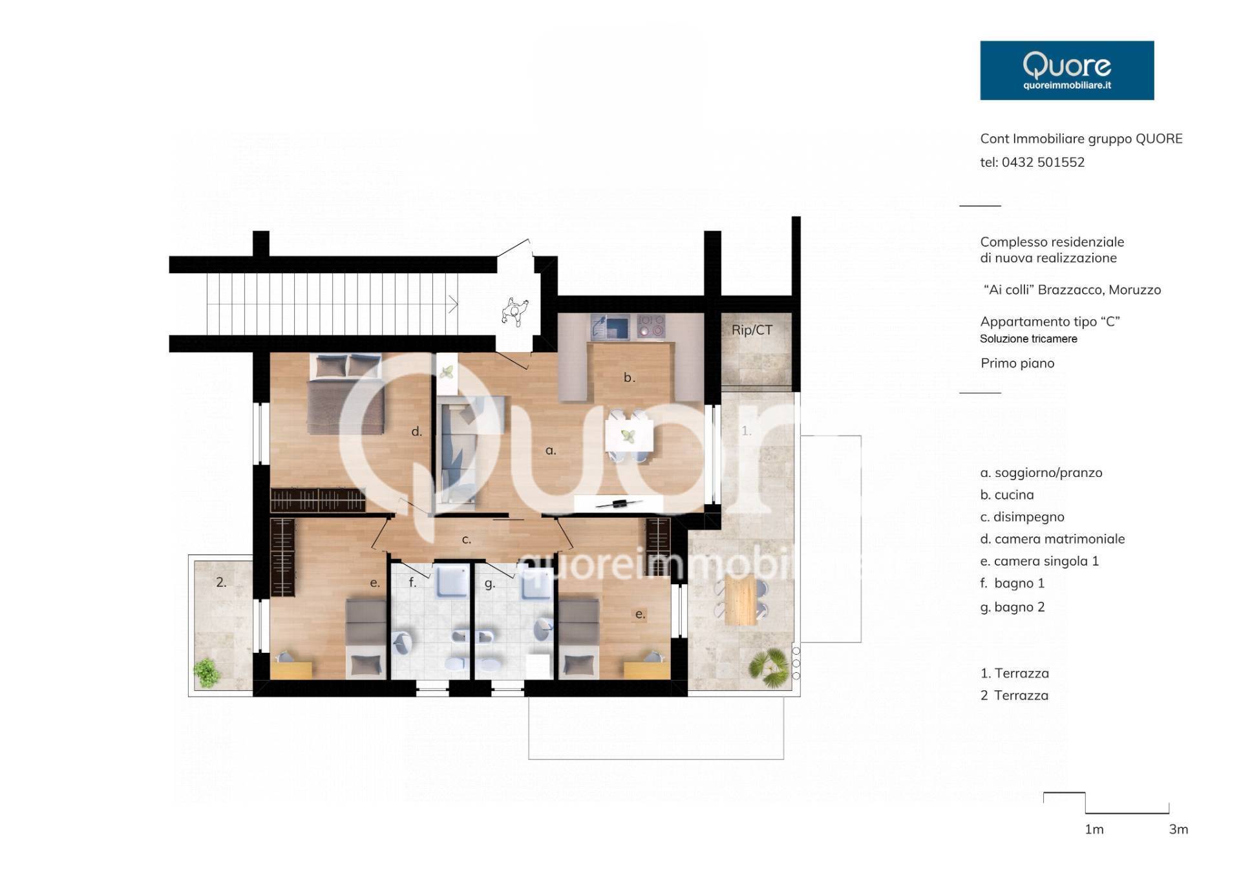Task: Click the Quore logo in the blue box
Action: (x=1066, y=70)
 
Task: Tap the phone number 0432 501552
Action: (x=1043, y=162)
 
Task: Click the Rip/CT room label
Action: (x=752, y=330)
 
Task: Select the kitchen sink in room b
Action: (x=610, y=327)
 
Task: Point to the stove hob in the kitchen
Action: (x=651, y=326)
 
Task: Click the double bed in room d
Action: (x=347, y=394)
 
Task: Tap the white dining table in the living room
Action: (x=629, y=436)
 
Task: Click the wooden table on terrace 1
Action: (x=740, y=599)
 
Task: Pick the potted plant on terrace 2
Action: (x=207, y=672)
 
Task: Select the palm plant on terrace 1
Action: (x=769, y=666)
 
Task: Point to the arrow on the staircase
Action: (x=454, y=304)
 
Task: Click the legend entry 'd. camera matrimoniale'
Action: (x=1052, y=539)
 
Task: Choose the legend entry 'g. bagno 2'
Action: (x=1012, y=607)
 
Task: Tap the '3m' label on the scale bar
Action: (x=1178, y=829)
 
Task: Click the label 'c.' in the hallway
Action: (x=466, y=539)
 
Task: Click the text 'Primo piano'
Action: (x=1017, y=363)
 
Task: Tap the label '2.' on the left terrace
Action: (x=221, y=582)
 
